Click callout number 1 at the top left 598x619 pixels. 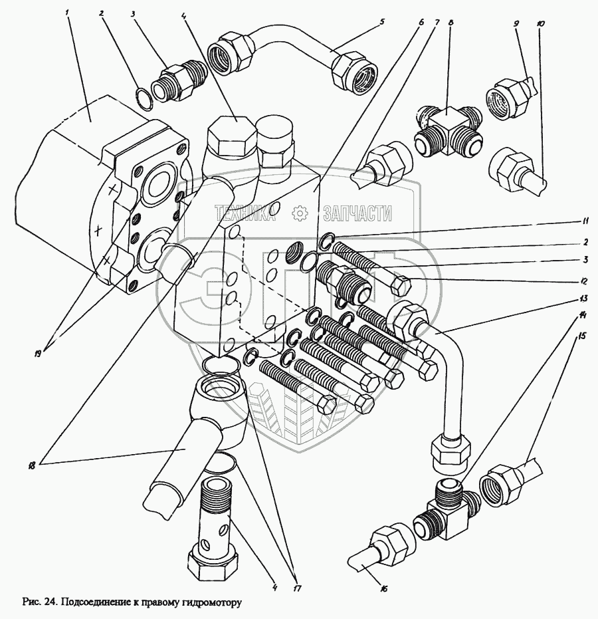click(68, 13)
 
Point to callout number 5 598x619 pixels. click(381, 21)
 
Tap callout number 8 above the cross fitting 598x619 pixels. click(451, 22)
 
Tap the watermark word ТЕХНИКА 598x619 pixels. click(245, 213)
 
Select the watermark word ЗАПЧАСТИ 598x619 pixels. click(356, 213)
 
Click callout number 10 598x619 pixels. click(540, 24)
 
